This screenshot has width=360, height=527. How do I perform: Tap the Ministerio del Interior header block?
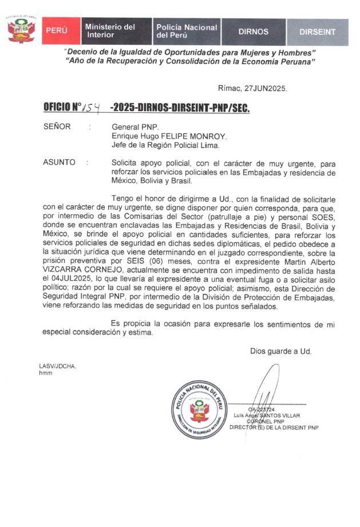coord(114,31)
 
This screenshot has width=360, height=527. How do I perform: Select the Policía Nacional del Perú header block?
coord(186,31)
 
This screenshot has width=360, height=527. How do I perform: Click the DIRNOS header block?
coord(253,32)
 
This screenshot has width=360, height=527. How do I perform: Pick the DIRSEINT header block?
coord(318,32)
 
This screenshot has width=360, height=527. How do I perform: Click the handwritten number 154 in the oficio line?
coord(91,107)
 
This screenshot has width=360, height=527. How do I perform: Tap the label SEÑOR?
coord(57,127)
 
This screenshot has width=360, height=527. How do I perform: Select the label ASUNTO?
coord(59,162)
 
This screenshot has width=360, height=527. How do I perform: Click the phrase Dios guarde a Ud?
coord(280,351)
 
